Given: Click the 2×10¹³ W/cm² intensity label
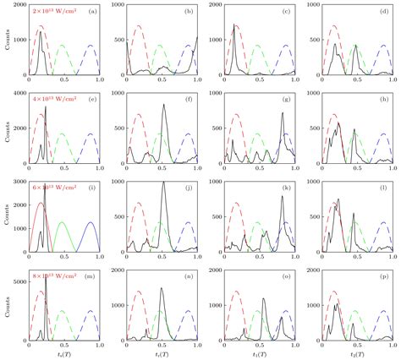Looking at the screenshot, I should (52, 11).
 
